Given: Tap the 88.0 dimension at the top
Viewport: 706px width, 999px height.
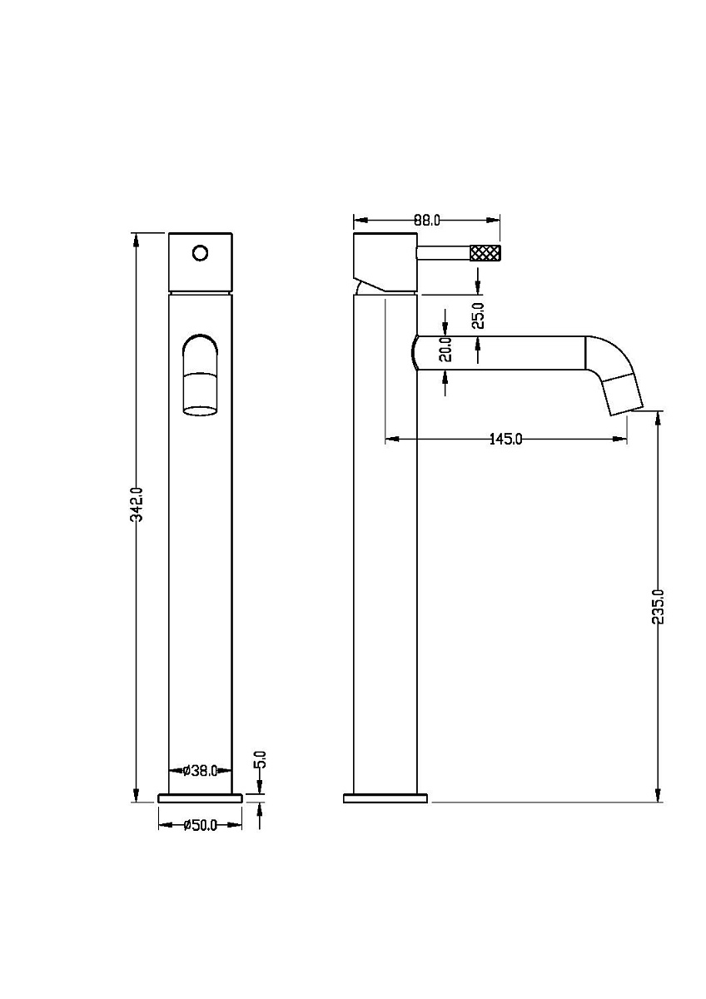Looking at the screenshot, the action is [427, 221].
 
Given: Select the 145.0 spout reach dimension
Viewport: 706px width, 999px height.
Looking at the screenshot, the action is [505, 440].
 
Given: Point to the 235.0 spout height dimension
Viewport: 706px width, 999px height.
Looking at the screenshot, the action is [658, 607].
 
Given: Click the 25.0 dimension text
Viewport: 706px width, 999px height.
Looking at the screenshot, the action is [478, 316].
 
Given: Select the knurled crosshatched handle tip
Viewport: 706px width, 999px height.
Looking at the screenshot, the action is [485, 252].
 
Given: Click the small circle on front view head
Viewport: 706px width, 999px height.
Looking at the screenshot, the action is [201, 253].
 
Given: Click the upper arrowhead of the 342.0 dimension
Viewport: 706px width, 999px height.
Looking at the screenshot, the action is [137, 240].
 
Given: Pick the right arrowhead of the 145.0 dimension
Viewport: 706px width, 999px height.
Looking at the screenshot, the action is [620, 440].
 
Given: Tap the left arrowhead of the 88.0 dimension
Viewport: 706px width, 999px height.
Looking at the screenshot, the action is [360, 221].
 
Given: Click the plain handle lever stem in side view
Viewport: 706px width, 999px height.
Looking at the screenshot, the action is [443, 252].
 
